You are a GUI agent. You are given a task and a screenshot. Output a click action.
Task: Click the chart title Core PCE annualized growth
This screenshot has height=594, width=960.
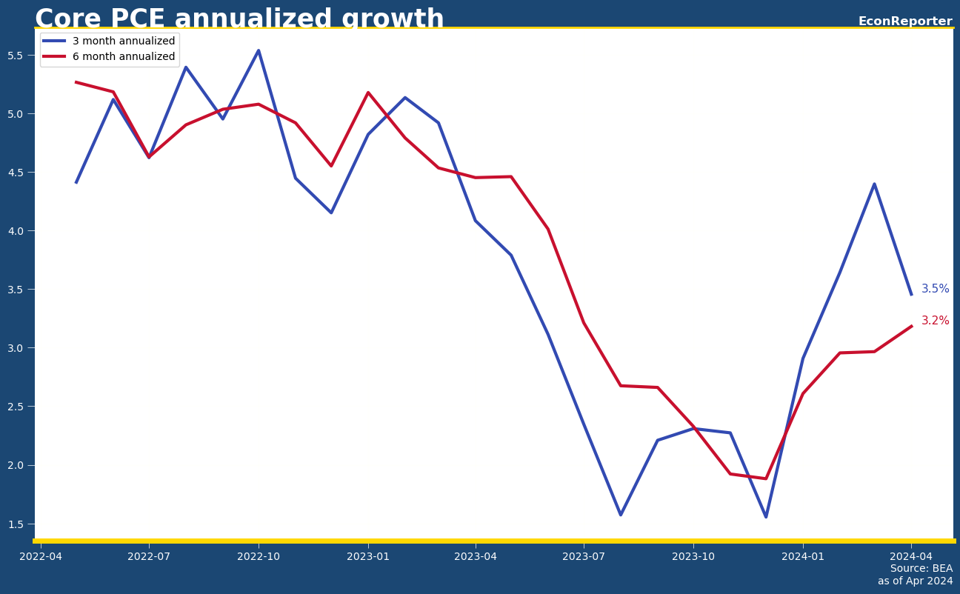click(239, 19)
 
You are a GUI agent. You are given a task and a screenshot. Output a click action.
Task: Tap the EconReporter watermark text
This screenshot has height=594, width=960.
click(904, 21)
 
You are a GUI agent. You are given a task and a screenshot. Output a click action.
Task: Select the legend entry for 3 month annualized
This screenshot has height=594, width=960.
click(123, 41)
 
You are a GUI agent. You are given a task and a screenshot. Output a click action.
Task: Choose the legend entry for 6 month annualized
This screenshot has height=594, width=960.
click(123, 57)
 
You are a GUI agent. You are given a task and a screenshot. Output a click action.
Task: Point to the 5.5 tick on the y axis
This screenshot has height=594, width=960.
click(17, 56)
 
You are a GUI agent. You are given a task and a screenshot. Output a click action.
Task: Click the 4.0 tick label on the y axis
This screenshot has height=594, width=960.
click(17, 231)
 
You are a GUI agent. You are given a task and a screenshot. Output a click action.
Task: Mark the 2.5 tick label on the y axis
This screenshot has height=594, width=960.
click(17, 407)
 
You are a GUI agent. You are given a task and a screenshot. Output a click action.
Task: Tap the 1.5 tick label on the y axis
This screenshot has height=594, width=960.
click(17, 524)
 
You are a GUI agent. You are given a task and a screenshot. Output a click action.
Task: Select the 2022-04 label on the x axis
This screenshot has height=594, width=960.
click(41, 556)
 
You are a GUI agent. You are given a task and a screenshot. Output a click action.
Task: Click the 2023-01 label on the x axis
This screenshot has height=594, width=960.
click(368, 556)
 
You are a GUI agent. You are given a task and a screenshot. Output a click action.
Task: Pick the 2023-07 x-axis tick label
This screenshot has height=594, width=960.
click(584, 556)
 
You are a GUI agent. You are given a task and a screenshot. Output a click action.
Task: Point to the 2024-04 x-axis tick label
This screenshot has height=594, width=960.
click(911, 556)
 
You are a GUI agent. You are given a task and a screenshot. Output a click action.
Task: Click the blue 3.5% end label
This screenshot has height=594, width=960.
click(935, 289)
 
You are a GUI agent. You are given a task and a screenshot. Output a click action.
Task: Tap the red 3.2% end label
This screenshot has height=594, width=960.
click(935, 321)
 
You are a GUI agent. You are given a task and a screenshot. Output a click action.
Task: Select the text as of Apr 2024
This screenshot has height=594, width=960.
click(915, 581)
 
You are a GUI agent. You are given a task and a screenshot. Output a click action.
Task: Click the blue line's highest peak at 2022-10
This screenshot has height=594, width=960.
click(259, 50)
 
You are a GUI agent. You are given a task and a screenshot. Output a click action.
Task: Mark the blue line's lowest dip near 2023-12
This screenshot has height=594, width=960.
click(766, 517)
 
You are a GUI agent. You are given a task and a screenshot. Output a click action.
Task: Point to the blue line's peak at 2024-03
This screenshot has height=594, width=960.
click(874, 184)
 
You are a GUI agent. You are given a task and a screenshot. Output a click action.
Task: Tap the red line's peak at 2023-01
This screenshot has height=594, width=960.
click(368, 93)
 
